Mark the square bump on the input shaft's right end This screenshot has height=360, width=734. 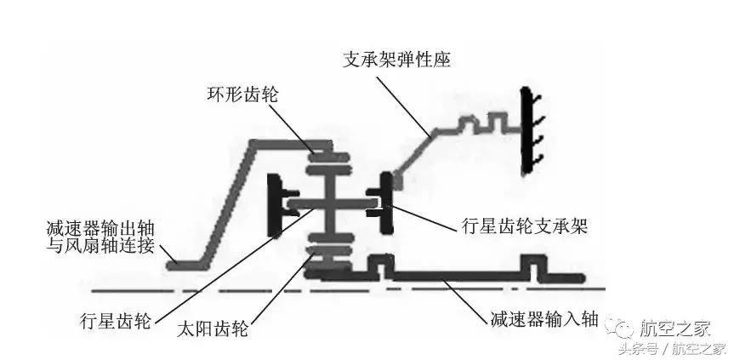click(x=538, y=271)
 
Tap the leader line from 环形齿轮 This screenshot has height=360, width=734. click(x=293, y=128)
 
